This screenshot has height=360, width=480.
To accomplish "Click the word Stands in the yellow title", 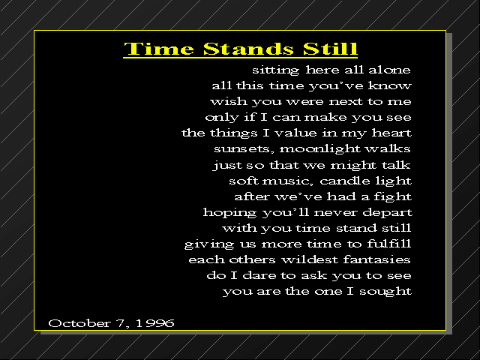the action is coord(248,49).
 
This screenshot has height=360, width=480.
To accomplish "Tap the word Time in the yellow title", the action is coord(159,49).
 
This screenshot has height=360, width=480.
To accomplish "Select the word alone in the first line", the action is coord(389,70).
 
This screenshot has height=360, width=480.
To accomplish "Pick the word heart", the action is coord(391,133).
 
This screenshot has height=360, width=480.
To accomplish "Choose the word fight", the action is coord(393,196).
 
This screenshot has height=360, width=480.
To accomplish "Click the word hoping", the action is coord(229,213).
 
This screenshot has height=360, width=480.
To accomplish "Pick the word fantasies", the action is coord(376,259).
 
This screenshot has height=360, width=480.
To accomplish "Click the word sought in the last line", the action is coord(385,292).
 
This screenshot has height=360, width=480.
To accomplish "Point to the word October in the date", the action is coord(79,323).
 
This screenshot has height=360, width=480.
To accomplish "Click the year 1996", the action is coord(155,323).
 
